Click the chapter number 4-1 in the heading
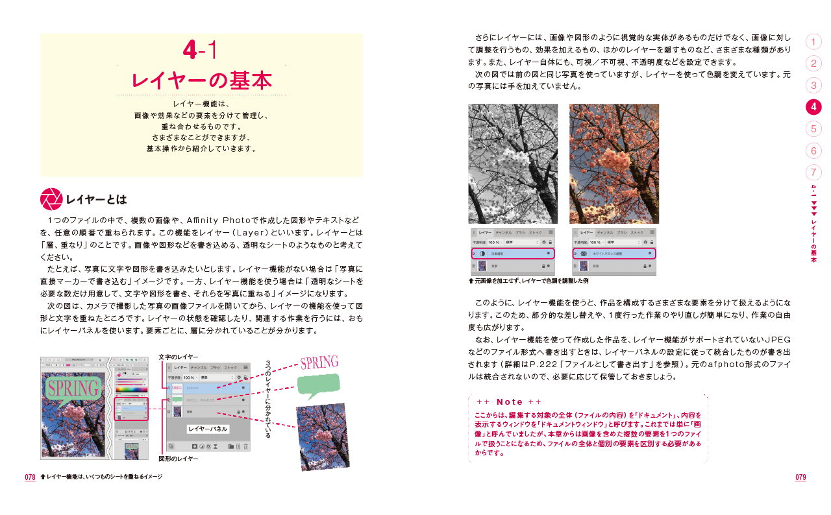[x=201, y=50]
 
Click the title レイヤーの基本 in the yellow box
[x=201, y=80]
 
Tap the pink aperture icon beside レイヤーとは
[x=51, y=199]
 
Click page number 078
[x=30, y=477]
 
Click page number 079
[x=800, y=477]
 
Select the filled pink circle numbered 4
[x=813, y=107]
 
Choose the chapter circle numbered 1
[x=813, y=42]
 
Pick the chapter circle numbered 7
[x=813, y=173]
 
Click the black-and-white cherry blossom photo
[x=512, y=163]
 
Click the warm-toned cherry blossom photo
[x=614, y=163]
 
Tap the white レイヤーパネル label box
[x=208, y=429]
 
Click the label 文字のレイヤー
[x=179, y=356]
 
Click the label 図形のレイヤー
[x=179, y=459]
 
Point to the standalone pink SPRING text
[x=319, y=363]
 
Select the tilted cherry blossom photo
[x=322, y=436]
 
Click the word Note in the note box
[x=509, y=401]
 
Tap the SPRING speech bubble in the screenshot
[x=73, y=389]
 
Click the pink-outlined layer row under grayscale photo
[x=512, y=253]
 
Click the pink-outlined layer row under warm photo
[x=614, y=253]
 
